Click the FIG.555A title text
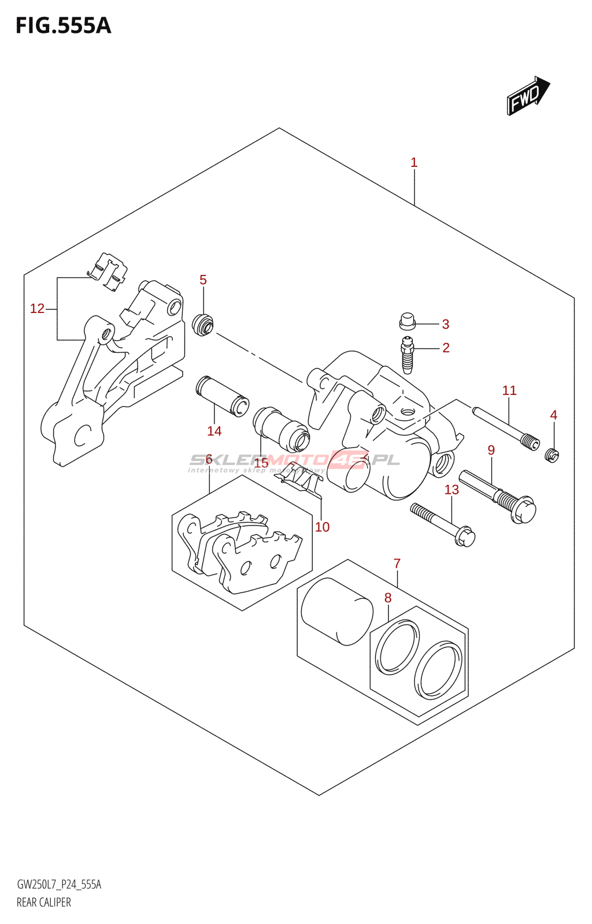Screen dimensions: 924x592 (x=63, y=25)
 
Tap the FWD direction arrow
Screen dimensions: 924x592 (x=528, y=96)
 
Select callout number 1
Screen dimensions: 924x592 (x=414, y=163)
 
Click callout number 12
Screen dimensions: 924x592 (x=37, y=309)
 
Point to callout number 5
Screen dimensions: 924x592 (x=203, y=280)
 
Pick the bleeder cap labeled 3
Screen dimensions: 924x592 (x=408, y=321)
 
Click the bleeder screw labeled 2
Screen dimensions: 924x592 (x=408, y=355)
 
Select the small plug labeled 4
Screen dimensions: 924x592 (x=553, y=456)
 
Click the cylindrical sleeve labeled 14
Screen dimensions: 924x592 (x=222, y=397)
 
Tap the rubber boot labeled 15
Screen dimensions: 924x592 (x=281, y=430)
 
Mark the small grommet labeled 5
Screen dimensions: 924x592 (x=203, y=325)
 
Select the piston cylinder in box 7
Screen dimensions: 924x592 (x=336, y=611)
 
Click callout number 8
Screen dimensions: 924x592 (x=388, y=598)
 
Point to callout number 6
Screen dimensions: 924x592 (x=209, y=460)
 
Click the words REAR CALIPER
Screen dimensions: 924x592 (x=44, y=903)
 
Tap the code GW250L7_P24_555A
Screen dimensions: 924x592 (x=59, y=885)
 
